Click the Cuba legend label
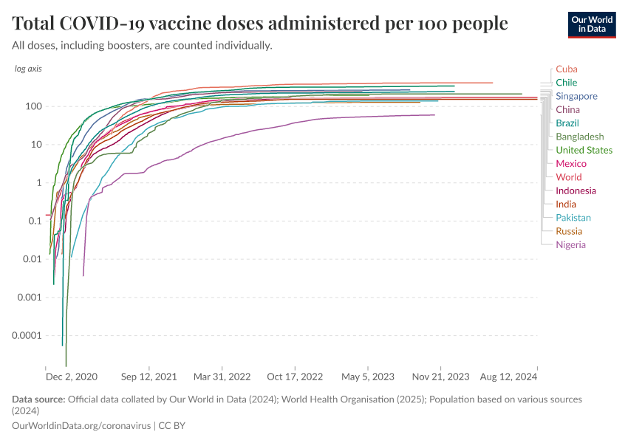pyautogui.click(x=567, y=69)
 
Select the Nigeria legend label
pyautogui.click(x=570, y=244)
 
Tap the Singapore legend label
pyautogui.click(x=576, y=96)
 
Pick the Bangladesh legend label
pyautogui.click(x=579, y=137)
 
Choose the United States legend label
pyautogui.click(x=584, y=150)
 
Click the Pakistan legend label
pyautogui.click(x=573, y=218)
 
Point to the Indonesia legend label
pyautogui.click(x=576, y=190)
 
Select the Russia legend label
pyautogui.click(x=569, y=231)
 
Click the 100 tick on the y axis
pyautogui.click(x=32, y=106)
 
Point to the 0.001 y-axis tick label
pyautogui.click(x=28, y=298)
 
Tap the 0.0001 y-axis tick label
pyautogui.click(x=25, y=336)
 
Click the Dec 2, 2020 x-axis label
pyautogui.click(x=72, y=377)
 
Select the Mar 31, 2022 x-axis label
pyautogui.click(x=222, y=377)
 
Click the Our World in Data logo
pyautogui.click(x=591, y=24)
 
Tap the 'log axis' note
pyautogui.click(x=28, y=69)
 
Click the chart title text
pyautogui.click(x=260, y=24)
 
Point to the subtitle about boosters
pyautogui.click(x=143, y=45)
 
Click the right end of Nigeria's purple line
pyautogui.click(x=434, y=114)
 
